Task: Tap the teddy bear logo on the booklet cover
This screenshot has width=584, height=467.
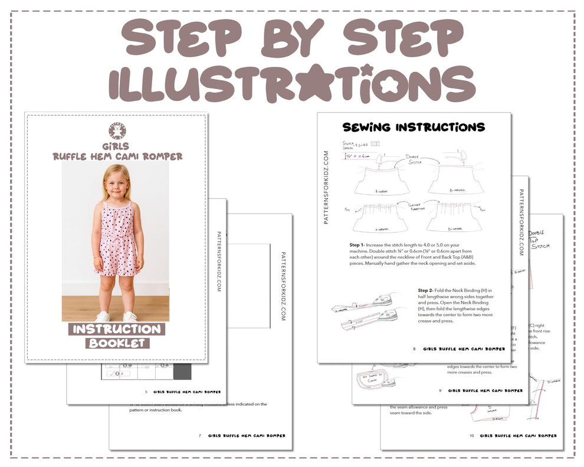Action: (x=117, y=131)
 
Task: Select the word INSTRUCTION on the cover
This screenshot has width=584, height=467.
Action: (x=117, y=329)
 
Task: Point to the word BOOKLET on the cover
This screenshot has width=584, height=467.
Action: (x=117, y=343)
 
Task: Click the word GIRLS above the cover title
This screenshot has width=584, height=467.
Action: (x=117, y=146)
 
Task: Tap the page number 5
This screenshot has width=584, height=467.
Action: (x=145, y=392)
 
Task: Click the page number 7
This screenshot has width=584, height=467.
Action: (x=200, y=436)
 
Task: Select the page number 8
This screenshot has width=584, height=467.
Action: (x=414, y=349)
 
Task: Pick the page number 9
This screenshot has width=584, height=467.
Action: (x=439, y=390)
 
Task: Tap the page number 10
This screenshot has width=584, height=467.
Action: (x=471, y=436)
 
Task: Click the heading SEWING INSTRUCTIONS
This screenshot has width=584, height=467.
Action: (x=414, y=127)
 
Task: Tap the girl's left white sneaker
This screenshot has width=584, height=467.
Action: (x=130, y=317)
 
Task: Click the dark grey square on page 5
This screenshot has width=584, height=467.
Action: (x=183, y=372)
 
